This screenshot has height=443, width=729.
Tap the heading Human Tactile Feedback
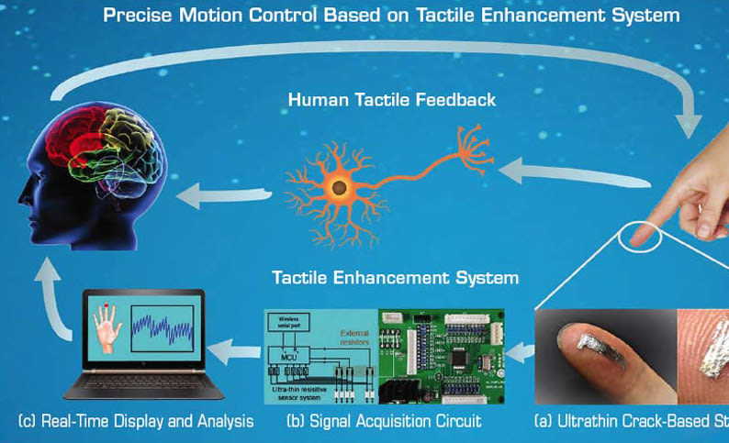pos(392,99)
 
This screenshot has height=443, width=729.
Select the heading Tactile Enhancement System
pos(395,277)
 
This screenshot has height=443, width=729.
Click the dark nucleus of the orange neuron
pos(339,187)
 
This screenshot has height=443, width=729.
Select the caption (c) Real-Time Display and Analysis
pos(135,422)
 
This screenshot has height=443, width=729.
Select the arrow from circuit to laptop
pos(234,349)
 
